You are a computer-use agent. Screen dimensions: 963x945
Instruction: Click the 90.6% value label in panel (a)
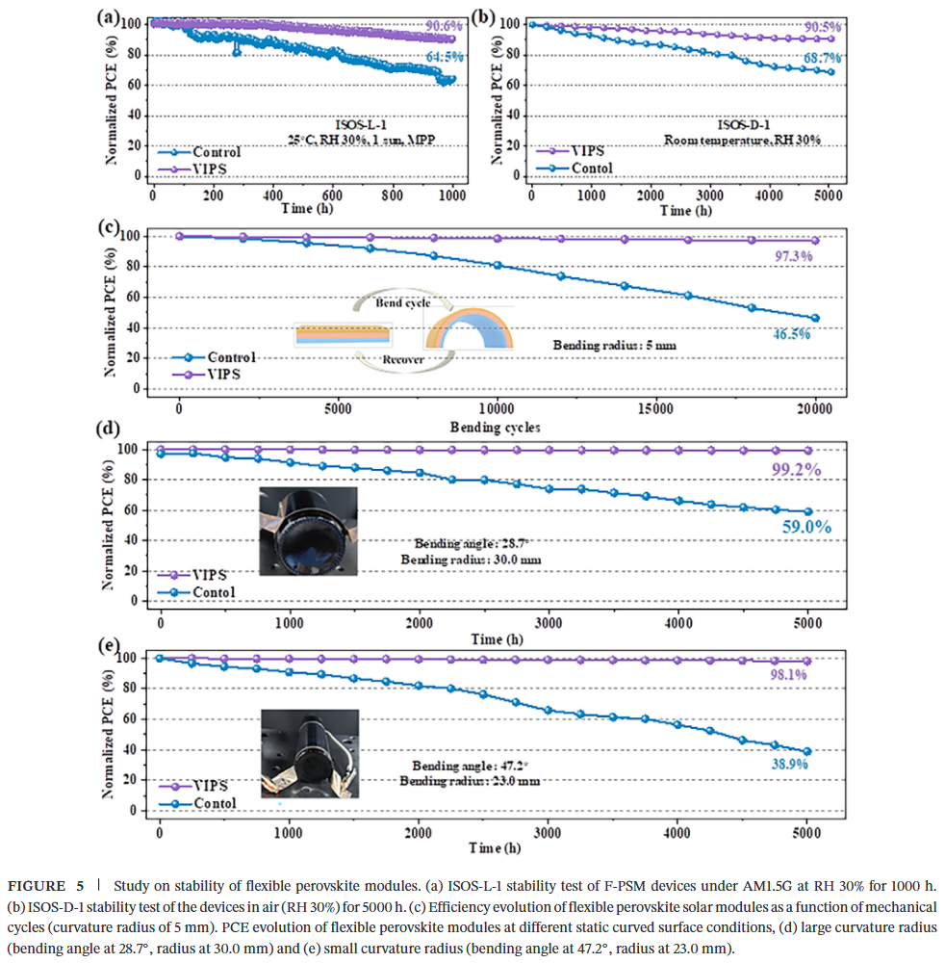pyautogui.click(x=445, y=28)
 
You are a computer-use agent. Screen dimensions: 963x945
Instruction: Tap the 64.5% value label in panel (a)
pyautogui.click(x=443, y=58)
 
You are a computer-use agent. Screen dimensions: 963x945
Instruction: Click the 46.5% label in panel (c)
pyautogui.click(x=792, y=334)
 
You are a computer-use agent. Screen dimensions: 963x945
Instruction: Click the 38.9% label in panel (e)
pyautogui.click(x=787, y=765)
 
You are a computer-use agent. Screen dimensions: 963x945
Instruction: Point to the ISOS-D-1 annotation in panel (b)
pyautogui.click(x=743, y=123)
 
